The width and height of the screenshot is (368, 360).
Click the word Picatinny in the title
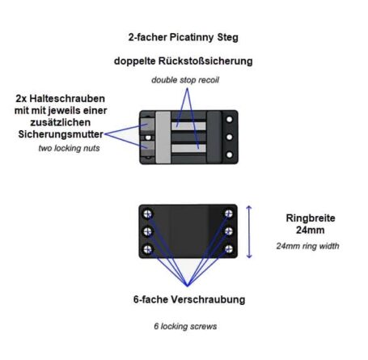point(192,37)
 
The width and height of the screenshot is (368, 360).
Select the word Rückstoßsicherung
point(205,61)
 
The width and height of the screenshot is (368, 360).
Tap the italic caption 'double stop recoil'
point(185,80)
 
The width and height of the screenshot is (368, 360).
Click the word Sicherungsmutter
point(61,134)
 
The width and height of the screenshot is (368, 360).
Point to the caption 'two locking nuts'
point(69,148)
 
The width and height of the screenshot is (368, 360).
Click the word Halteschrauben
point(67,99)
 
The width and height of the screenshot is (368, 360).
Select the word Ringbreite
point(311,218)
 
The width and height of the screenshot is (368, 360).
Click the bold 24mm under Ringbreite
point(311,230)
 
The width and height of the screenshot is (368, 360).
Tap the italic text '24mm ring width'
point(307,246)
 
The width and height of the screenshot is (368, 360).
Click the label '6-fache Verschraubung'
point(189,299)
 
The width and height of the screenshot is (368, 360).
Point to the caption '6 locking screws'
point(185,326)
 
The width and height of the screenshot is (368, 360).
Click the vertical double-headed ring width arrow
point(249,231)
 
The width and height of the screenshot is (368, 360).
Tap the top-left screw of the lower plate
point(147,214)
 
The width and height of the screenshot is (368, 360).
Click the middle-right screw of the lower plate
point(229,231)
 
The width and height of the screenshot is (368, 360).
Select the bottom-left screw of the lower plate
point(147,249)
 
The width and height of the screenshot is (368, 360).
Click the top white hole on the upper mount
point(230,119)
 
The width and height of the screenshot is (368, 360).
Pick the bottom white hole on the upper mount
point(230,155)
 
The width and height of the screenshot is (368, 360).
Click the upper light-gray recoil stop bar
point(188,126)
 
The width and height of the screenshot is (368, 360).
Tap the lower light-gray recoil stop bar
point(188,148)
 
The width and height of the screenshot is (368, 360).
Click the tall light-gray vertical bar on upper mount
point(163,138)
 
